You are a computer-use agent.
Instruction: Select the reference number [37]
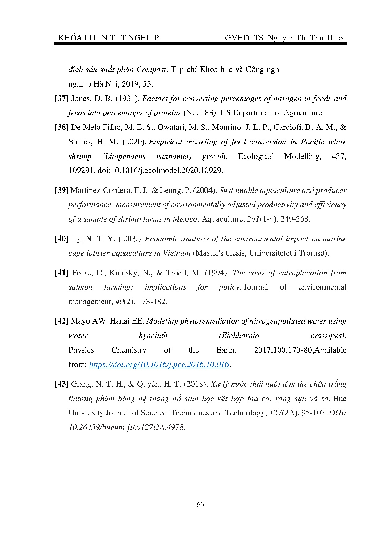point(61,99)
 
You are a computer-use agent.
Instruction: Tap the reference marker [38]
point(61,127)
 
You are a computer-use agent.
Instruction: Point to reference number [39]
point(61,190)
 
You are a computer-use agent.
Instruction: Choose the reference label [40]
point(61,239)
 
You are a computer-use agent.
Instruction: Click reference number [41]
point(61,273)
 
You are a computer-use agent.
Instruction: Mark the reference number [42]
point(61,321)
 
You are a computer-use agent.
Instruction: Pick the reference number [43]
point(61,384)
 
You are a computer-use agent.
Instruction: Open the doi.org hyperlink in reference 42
point(159,365)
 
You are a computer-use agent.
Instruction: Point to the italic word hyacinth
point(153,336)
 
